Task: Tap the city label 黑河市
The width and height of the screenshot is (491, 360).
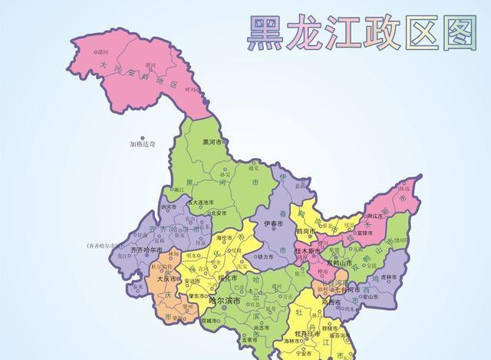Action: (x=213, y=143)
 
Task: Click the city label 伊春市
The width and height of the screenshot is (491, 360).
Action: (x=274, y=223)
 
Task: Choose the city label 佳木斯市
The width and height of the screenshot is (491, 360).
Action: (x=308, y=251)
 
